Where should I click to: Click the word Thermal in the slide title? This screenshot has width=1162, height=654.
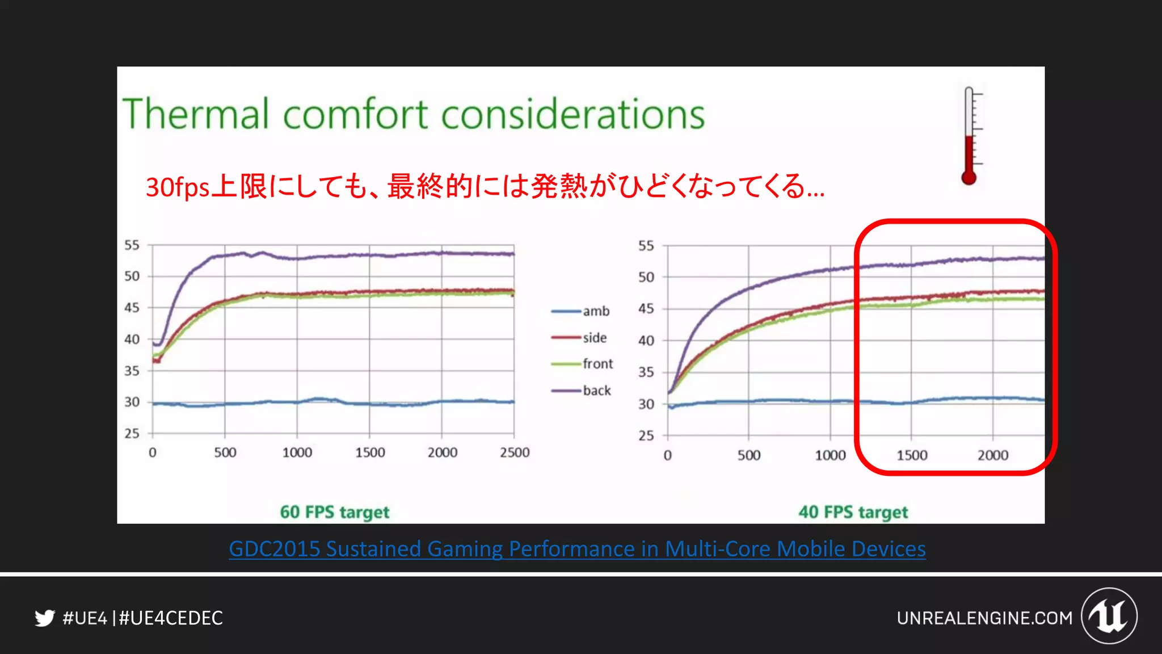pos(195,114)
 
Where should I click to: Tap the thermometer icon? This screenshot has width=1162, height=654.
pos(970,136)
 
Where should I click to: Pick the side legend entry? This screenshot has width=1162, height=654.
pos(579,338)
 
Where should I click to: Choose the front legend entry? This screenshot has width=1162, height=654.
pos(582,364)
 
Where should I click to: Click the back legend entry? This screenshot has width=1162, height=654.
pos(582,391)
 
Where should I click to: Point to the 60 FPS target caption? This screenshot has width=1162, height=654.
pos(335,512)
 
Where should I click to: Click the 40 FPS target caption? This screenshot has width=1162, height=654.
pos(853,512)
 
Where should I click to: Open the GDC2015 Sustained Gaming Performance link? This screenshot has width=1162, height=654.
pos(577,549)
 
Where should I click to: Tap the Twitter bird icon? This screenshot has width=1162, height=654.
pos(45,618)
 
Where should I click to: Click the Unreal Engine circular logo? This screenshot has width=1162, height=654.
pos(1109,616)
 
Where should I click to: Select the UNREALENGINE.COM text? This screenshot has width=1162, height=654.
pos(984,618)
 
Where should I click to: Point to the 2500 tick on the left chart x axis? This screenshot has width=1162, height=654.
pos(515,452)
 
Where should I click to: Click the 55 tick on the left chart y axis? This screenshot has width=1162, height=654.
pos(132,245)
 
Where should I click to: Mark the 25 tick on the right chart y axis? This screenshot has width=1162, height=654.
pos(646,435)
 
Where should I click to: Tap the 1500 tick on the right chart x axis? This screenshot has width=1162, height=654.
pos(912,455)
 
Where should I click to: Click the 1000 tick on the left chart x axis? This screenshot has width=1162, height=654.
pos(297,452)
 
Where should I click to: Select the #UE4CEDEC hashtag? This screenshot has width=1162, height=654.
pos(171,618)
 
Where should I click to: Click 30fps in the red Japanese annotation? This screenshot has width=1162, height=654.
pos(178,187)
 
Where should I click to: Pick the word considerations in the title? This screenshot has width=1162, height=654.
pos(573,114)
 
